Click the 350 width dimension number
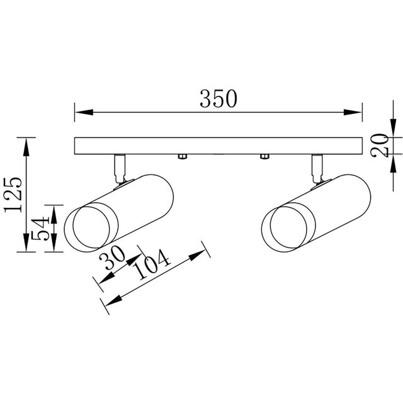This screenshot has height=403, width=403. [x=219, y=99]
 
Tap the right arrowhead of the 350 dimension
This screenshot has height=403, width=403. [x=357, y=113]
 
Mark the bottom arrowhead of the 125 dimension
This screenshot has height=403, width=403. [x=26, y=246]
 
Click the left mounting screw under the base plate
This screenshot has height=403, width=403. [x=181, y=156]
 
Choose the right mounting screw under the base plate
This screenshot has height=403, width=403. [x=264, y=156]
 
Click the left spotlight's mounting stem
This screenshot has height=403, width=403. [x=118, y=167]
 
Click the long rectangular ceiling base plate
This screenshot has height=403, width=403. [x=219, y=145]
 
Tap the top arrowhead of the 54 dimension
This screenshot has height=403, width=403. [x=55, y=210]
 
